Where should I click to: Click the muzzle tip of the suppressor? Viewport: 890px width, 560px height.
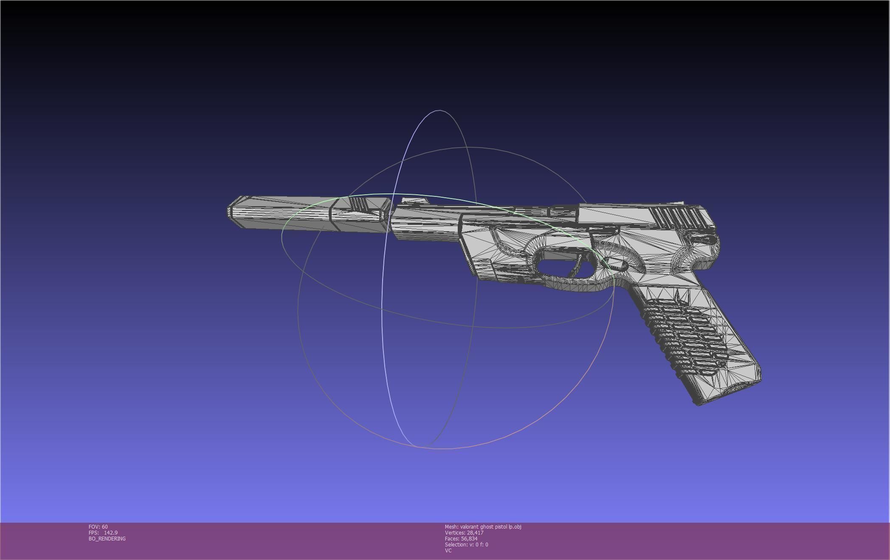[x=230, y=212]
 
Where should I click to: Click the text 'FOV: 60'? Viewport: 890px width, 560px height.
[x=98, y=526]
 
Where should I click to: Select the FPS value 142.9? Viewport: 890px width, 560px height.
[x=110, y=532]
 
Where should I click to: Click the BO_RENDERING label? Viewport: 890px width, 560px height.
[x=107, y=538]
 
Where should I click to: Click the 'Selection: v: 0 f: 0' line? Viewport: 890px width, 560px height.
[x=466, y=544]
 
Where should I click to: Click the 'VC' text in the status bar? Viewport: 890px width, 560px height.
[x=448, y=550]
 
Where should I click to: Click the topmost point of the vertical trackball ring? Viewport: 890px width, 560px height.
[x=439, y=110]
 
